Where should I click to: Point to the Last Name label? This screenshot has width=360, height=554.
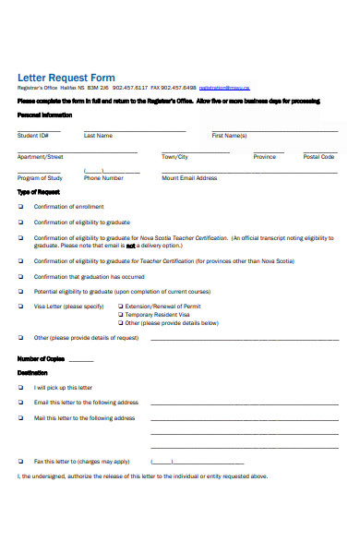98,135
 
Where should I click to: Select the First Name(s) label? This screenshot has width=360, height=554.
229,135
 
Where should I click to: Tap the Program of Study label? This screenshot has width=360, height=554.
40,177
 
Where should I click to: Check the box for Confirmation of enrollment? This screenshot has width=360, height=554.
21,207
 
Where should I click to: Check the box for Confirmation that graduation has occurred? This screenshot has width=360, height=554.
21,276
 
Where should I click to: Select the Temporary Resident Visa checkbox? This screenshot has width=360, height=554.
120,314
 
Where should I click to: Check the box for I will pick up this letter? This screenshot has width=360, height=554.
21,388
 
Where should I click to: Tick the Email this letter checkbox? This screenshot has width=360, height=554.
21,403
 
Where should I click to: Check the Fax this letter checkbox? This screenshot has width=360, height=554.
21,461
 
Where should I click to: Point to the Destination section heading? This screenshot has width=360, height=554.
32,372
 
